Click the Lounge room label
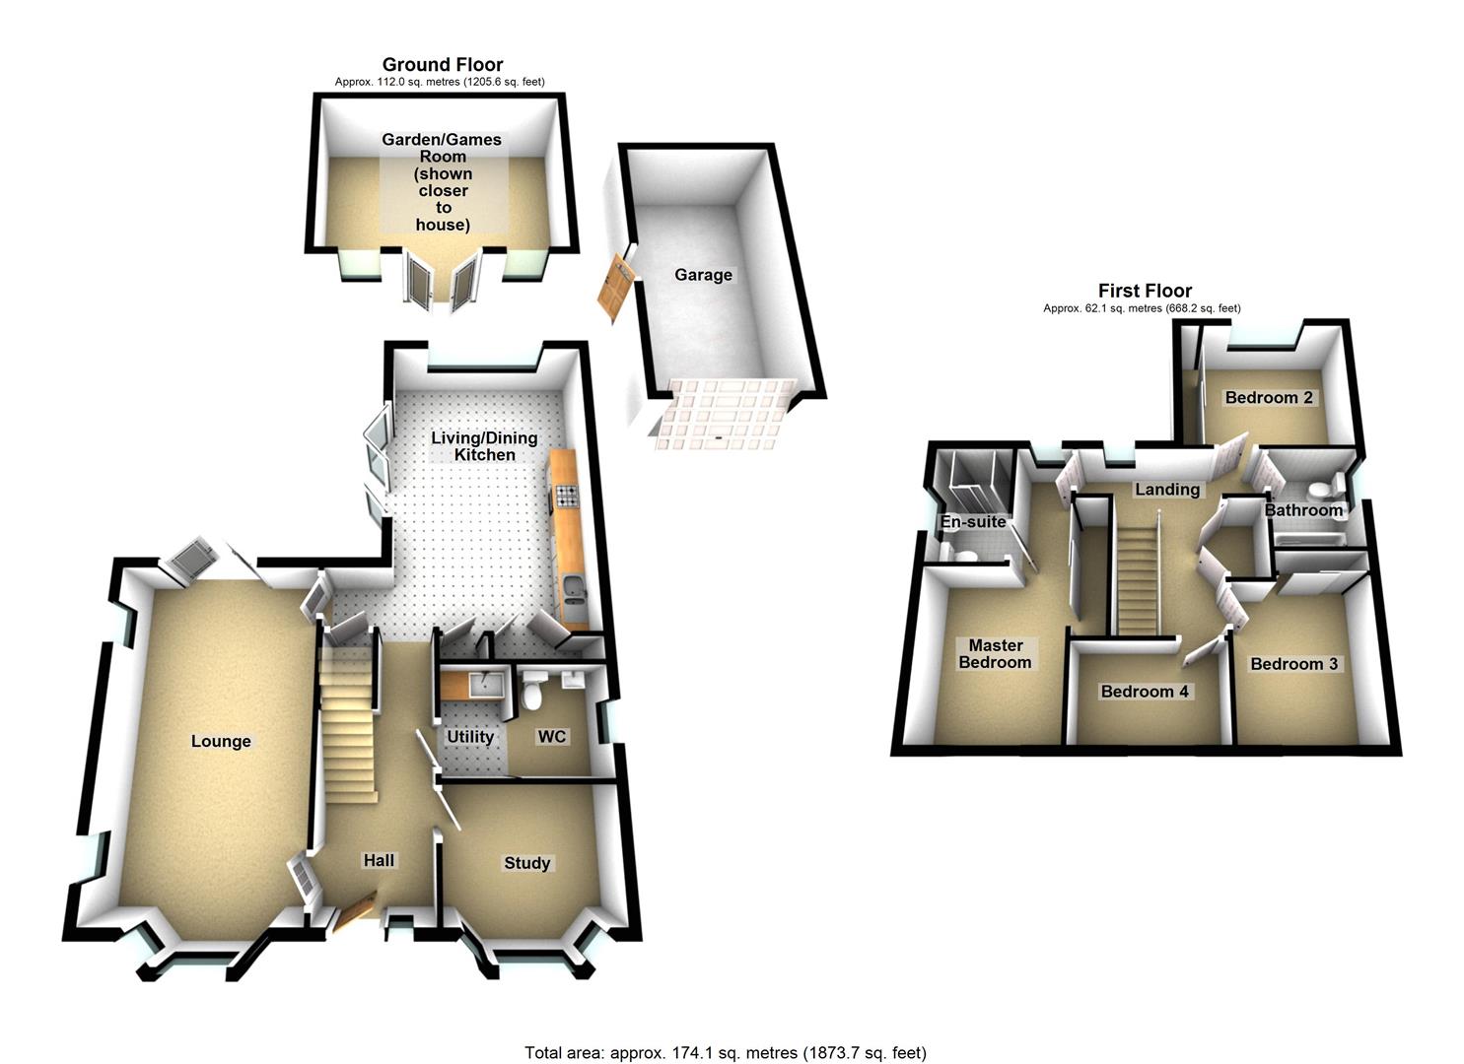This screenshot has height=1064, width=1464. point(221,741)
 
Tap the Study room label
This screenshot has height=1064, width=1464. point(526,863)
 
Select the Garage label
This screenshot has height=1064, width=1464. point(703,275)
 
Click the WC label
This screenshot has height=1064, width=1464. point(552,737)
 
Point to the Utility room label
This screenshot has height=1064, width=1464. point(470,737)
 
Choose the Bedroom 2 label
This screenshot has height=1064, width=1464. point(1269,398)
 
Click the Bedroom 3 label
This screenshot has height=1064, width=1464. point(1293,664)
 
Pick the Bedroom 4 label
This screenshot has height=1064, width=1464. point(1145,692)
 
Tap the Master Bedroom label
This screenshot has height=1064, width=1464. point(995,654)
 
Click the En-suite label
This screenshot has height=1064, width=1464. point(973,522)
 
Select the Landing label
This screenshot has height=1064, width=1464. point(1166,490)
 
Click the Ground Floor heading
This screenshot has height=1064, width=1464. point(443,65)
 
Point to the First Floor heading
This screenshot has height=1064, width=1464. point(1145,291)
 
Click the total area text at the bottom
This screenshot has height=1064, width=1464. point(726,1052)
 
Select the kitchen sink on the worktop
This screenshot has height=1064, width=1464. point(574,591)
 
